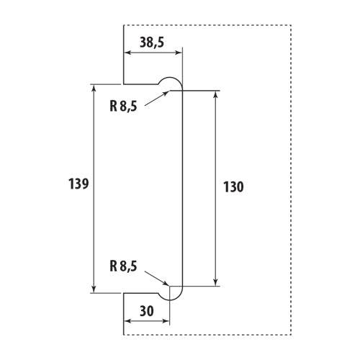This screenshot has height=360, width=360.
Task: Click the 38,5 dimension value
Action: coord(152,42)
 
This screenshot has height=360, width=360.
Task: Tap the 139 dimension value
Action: coord(78,184)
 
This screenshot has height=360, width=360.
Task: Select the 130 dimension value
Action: coord(233,187)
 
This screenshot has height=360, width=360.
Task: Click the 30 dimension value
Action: coord(147,311)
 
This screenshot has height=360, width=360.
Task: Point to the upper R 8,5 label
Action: coord(123,106)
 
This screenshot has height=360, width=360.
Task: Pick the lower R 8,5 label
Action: coord(123,266)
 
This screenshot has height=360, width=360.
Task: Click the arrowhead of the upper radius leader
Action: coord(166,93)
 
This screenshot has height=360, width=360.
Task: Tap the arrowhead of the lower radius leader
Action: coord(166,283)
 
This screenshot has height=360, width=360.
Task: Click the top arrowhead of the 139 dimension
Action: coord(94,88)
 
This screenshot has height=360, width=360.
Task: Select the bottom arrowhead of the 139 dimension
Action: coord(94,289)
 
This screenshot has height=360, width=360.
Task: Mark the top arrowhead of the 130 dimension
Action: coord(216,94)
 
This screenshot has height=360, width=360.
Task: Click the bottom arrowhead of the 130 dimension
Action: coord(216,282)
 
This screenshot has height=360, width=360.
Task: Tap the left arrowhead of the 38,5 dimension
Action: coord(127,53)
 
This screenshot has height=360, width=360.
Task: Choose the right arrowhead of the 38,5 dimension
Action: coord(179,53)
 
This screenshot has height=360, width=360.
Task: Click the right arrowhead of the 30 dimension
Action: coord(166,321)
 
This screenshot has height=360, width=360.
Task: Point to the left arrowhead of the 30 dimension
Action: coord(127,321)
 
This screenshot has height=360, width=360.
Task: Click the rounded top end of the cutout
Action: coord(170,77)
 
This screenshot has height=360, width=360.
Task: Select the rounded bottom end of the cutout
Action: coord(170,300)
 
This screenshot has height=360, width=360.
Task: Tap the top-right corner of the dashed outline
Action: coord(292,25)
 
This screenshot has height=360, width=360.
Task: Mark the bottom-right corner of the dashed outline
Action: coord(292,335)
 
